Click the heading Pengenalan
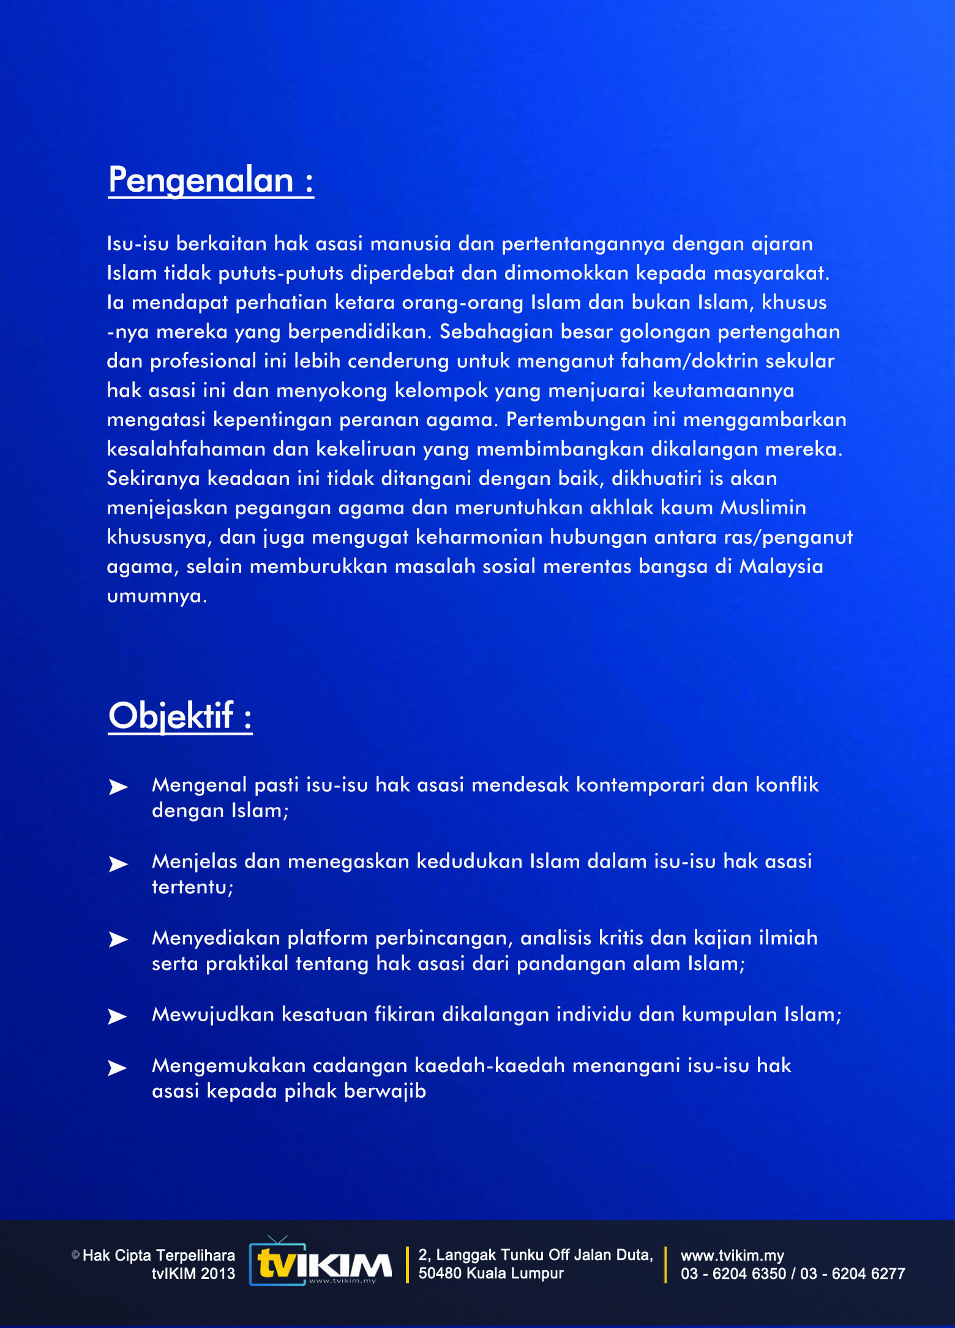(x=211, y=180)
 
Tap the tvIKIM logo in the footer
(x=320, y=1264)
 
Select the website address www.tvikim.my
(x=732, y=1255)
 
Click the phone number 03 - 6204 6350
(x=733, y=1274)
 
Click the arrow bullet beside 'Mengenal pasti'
(x=118, y=787)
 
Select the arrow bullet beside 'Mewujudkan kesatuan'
(x=118, y=1016)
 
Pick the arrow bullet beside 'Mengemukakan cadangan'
(x=118, y=1068)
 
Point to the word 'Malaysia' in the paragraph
(x=781, y=566)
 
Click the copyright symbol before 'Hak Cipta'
(x=76, y=1255)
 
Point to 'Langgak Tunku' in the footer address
(x=490, y=1255)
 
